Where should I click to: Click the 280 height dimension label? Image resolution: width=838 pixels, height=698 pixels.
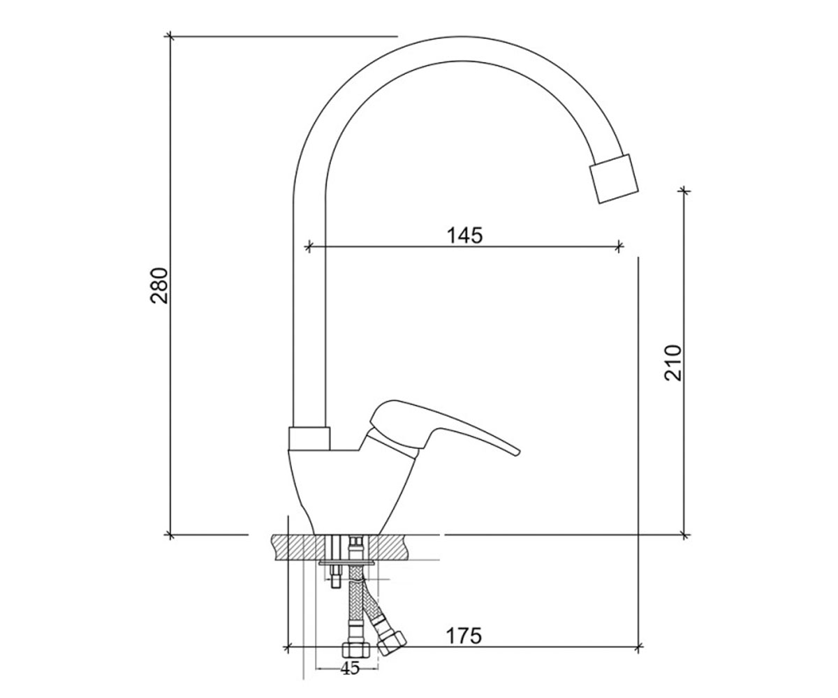[x=159, y=285]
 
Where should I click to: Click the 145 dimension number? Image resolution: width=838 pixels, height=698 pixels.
[x=465, y=235]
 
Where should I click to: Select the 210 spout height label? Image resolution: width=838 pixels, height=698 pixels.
[x=673, y=362]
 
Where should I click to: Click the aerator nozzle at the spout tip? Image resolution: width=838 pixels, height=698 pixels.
[x=614, y=179]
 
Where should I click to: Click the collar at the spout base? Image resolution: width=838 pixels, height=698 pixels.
[x=309, y=439]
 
